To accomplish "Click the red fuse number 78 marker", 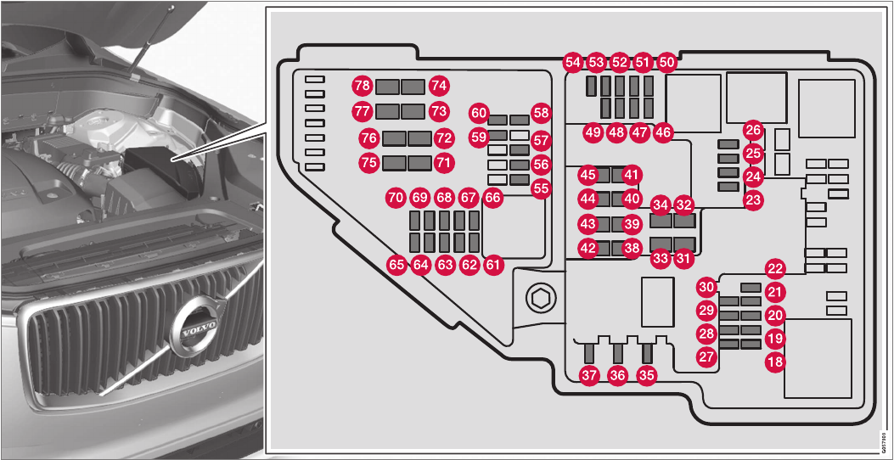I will click(363, 85).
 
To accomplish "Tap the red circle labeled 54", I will click(573, 62).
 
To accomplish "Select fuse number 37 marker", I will click(589, 374).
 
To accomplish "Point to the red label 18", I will click(774, 362).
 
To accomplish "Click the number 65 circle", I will click(396, 265).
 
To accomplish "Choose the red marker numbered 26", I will click(753, 130).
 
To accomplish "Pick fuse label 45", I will click(588, 174).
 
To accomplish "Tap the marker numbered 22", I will click(774, 269).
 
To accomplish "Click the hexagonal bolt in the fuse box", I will click(539, 298).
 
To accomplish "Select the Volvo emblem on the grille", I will click(194, 329).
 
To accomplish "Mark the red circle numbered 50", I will click(666, 62).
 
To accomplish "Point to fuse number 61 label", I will click(494, 265).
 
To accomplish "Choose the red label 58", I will click(541, 112).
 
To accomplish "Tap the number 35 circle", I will click(647, 374).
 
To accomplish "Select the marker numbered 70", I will click(395, 197).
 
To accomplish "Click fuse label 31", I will click(683, 259).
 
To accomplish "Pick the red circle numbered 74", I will click(439, 85).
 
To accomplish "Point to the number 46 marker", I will click(662, 132).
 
